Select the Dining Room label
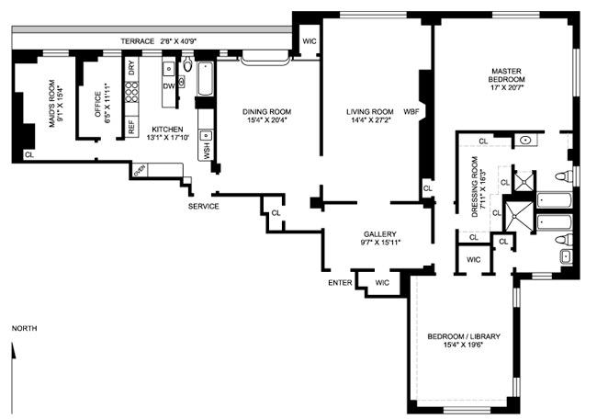(265, 117)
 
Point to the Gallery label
(379, 238)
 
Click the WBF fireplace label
(411, 112)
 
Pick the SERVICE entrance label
(203, 206)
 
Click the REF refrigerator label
(131, 129)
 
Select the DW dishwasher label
(168, 86)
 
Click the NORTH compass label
(25, 328)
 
